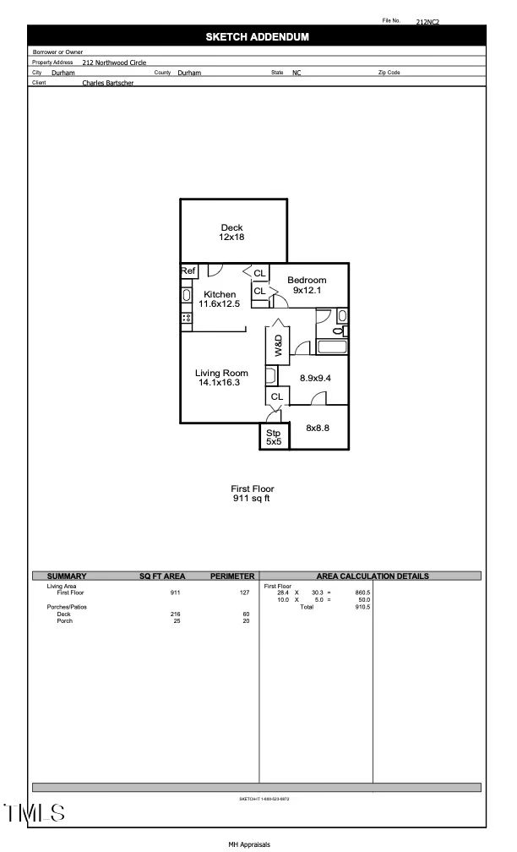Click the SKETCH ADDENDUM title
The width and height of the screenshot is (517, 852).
click(x=257, y=37)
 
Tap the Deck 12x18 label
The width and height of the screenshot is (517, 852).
click(x=231, y=232)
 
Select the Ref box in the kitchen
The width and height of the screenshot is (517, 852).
click(x=188, y=271)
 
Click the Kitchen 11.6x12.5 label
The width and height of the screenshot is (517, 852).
click(x=218, y=299)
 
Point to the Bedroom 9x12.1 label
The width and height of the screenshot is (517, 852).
click(x=307, y=285)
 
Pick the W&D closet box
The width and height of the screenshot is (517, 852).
click(x=277, y=344)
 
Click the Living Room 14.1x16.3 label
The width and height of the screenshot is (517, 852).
click(x=221, y=378)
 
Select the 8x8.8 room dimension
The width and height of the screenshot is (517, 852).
click(x=317, y=429)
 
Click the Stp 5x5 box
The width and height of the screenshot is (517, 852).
click(x=273, y=437)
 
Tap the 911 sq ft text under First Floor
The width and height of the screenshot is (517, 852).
click(x=253, y=499)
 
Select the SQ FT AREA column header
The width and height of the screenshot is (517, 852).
click(x=162, y=576)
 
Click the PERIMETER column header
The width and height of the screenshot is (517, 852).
click(x=232, y=576)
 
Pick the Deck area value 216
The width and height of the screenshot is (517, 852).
click(x=175, y=614)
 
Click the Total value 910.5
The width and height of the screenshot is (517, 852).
click(x=363, y=607)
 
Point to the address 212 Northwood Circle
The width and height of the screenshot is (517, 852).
click(x=114, y=63)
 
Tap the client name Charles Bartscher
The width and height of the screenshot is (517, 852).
click(x=107, y=83)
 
